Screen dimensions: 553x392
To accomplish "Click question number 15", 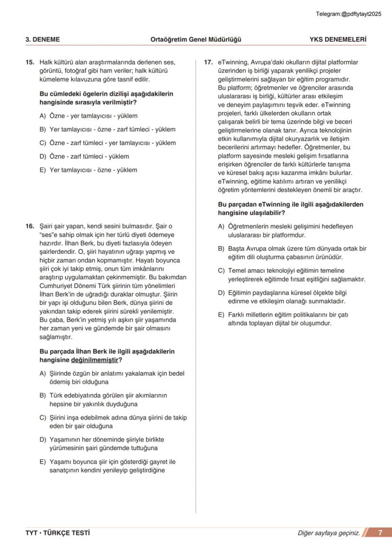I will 29,62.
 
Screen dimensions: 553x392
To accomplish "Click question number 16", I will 29,226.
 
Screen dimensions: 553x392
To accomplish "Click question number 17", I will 208,62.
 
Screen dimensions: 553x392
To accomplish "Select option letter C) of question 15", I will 43,143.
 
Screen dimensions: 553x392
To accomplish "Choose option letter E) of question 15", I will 43,170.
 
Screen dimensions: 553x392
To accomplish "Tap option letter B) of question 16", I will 43,395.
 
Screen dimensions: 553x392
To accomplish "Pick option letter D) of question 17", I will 221,292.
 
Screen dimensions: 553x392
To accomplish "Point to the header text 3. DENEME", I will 43,40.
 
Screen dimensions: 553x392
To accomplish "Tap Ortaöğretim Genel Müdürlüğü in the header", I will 196,40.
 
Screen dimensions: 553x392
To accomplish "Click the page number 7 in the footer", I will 380,533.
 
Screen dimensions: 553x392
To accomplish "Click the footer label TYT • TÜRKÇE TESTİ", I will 57,533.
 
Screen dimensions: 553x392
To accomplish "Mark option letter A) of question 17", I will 221,227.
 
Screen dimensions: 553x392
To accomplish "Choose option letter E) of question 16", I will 43,462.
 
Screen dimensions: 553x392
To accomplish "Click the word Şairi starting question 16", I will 46,226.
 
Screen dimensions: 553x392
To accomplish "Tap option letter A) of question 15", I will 43,116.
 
